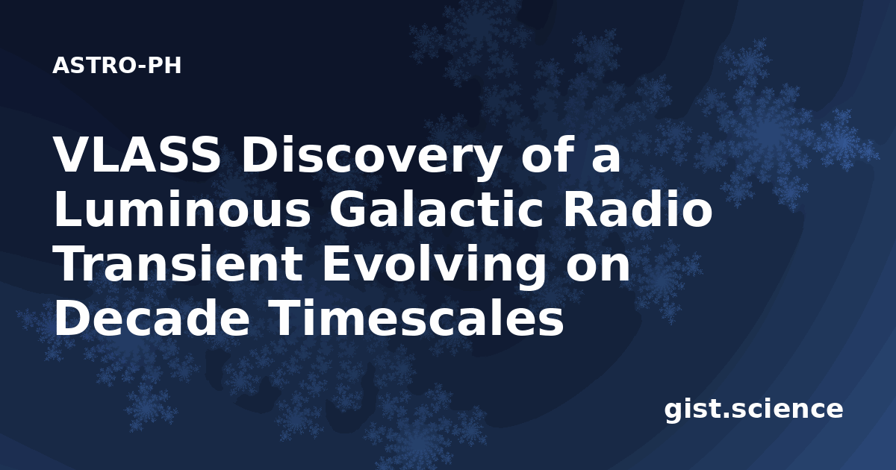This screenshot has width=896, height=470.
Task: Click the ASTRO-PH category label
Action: tap(116, 66)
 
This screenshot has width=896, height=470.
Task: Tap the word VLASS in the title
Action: tap(137, 154)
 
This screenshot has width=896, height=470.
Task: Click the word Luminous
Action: tap(182, 209)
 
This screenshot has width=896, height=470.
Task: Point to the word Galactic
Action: tap(435, 209)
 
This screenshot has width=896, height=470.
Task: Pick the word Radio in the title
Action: tap(638, 209)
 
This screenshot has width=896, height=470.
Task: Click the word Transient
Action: tap(178, 264)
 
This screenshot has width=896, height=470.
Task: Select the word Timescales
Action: tap(416, 318)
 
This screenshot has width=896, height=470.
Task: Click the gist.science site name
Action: tap(753, 410)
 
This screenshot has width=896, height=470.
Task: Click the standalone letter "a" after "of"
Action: tap(606, 159)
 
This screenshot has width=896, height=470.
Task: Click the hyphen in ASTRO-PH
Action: tap(141, 67)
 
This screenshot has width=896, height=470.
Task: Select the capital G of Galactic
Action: tap(346, 209)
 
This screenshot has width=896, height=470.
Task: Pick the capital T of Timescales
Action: tap(284, 318)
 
